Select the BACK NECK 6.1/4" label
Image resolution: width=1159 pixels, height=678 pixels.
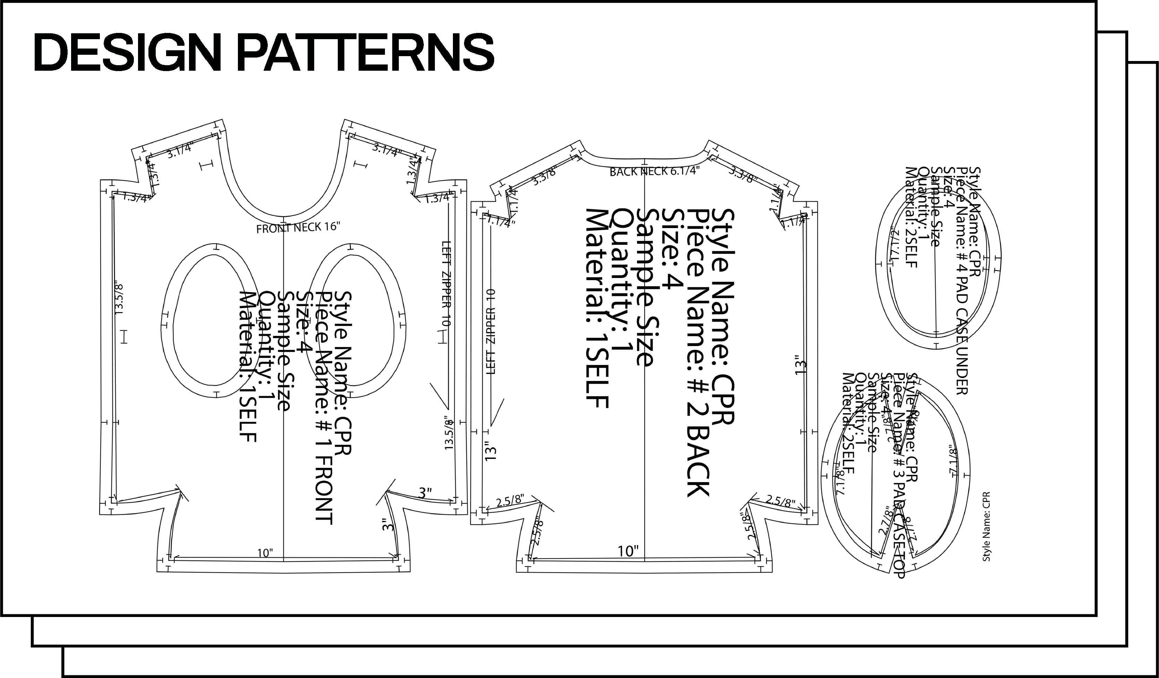[654, 172]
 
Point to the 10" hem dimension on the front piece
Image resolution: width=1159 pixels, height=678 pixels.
[265, 553]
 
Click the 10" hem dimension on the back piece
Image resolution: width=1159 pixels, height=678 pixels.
[628, 551]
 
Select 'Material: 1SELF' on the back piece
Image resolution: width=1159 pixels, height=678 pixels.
[597, 308]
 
